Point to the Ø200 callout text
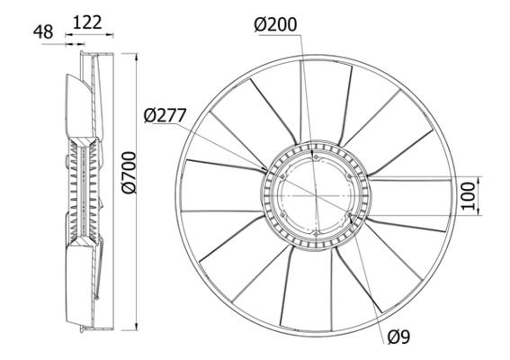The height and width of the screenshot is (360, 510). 277,25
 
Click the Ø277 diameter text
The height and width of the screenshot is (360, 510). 165,114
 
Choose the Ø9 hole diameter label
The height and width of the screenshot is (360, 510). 399,337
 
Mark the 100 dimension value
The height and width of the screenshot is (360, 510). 466,194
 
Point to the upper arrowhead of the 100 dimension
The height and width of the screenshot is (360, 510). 477,179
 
